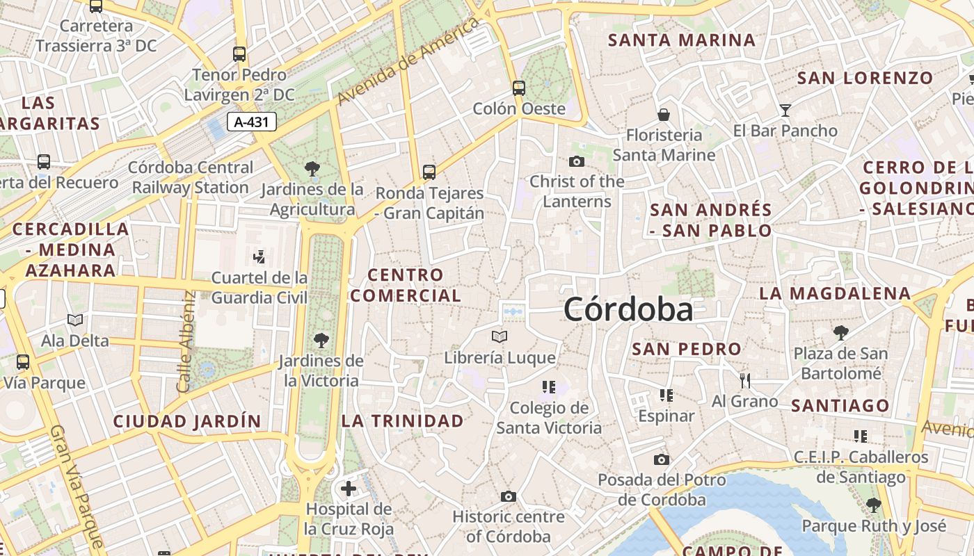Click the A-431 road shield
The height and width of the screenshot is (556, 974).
pos(252,122)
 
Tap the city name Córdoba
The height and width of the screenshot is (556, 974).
pos(628,309)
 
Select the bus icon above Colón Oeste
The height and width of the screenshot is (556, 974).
pos(519,88)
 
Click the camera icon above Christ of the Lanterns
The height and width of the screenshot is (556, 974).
pos(577,162)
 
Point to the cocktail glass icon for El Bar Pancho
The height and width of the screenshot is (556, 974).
pos(785,110)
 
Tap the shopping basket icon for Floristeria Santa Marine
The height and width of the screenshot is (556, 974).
pos(664,114)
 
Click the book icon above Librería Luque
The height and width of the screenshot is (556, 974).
pos(500,337)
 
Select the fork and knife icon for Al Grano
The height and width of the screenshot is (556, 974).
pos(745,380)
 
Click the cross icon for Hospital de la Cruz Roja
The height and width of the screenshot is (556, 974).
pos(349,489)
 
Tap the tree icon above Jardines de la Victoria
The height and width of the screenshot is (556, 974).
pos(321,340)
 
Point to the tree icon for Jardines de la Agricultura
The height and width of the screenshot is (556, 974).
pos(312,168)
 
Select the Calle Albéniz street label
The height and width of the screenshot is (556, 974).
pos(186,341)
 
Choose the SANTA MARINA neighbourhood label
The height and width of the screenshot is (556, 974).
pos(682,40)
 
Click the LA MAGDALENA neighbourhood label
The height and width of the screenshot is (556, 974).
pos(835,293)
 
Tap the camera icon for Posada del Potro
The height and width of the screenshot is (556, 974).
pos(662,459)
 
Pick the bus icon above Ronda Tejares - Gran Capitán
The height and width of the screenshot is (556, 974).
pos(429,172)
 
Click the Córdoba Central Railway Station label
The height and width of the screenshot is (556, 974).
pos(191,177)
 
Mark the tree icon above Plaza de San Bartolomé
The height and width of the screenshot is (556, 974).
pos(841,333)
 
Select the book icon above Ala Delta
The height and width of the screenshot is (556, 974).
pos(75,320)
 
